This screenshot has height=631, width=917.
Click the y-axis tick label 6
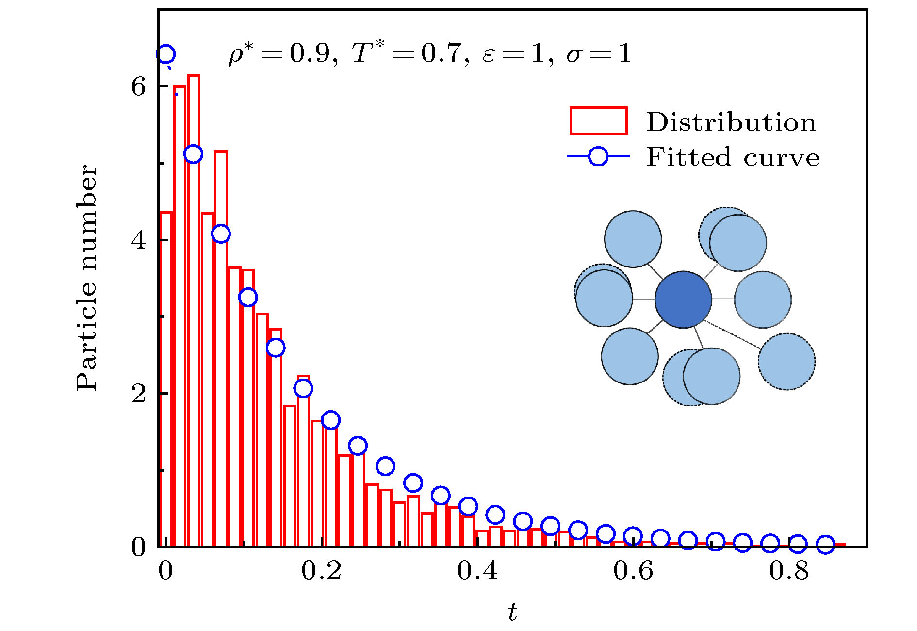pos(138,87)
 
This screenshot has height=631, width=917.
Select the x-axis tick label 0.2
pos(321,571)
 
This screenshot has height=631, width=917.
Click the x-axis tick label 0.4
pos(477,571)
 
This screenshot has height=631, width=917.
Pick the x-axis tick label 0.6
pos(633,571)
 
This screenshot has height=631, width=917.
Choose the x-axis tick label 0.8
pos(789,571)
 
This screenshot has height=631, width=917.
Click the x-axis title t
pos(512,613)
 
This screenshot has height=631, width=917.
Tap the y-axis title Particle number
pos(87,278)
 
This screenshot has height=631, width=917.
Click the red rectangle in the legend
pos(598,120)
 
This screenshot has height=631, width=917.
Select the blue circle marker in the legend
pos(598,156)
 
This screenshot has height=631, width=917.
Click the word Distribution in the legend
pos(731,122)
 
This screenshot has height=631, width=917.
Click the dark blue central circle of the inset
pos(683,299)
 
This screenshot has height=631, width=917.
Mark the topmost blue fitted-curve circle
pos(165,54)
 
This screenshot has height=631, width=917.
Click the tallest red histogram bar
pos(194,311)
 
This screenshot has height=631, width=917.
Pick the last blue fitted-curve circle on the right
pos(825,545)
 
